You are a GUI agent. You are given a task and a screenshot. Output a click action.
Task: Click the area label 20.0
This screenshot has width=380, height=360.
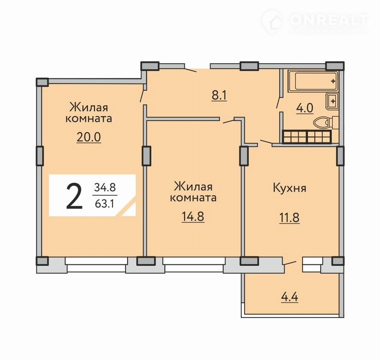click(89, 137)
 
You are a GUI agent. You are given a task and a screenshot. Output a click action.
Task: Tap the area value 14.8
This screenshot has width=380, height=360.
click(193, 216)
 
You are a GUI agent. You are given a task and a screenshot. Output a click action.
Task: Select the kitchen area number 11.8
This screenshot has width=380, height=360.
click(289, 218)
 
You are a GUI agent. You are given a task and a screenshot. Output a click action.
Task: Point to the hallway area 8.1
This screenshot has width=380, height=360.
click(219, 95)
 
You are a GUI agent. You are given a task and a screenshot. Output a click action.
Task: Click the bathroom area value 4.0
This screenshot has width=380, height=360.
click(304, 108)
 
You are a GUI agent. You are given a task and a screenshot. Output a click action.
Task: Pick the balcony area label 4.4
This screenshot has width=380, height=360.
click(290, 297)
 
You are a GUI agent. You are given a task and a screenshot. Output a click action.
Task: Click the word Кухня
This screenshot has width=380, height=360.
click(290, 188)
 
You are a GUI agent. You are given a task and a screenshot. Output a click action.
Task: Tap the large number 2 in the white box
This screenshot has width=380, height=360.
click(74, 196)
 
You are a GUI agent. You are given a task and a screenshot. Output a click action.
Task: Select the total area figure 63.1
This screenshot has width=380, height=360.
click(104, 204)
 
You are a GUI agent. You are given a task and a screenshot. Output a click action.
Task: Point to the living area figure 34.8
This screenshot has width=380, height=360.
click(104, 187)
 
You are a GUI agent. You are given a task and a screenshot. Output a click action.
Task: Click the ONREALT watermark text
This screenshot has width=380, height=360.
click(329, 20)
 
